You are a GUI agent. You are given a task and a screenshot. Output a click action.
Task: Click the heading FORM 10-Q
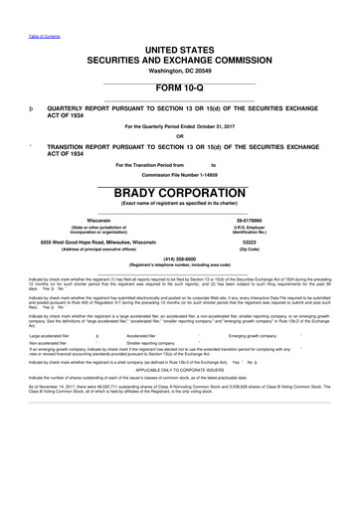180,87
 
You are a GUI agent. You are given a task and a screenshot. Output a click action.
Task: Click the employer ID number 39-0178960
260,221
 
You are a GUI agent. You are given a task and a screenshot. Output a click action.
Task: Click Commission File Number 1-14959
180,176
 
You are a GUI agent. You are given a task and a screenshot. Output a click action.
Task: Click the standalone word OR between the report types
180,136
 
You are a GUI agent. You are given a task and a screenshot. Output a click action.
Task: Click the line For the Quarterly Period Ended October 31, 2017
180,126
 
